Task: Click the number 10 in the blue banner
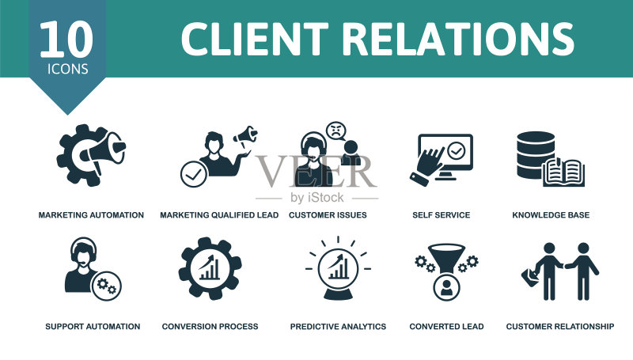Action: (x=66, y=39)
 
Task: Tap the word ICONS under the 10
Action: (x=67, y=69)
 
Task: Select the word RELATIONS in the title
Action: (x=458, y=39)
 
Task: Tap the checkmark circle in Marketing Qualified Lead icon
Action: (x=194, y=174)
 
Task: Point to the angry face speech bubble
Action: (x=336, y=131)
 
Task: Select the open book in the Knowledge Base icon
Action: (x=564, y=172)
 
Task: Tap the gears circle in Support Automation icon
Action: (x=107, y=286)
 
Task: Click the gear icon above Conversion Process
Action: (x=210, y=268)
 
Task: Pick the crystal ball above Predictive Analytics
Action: (x=339, y=274)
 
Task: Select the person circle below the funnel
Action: (x=446, y=288)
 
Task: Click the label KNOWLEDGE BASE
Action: (x=551, y=215)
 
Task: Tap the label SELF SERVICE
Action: (x=442, y=215)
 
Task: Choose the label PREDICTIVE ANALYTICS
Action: (x=339, y=327)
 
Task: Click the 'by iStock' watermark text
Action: (x=317, y=197)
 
